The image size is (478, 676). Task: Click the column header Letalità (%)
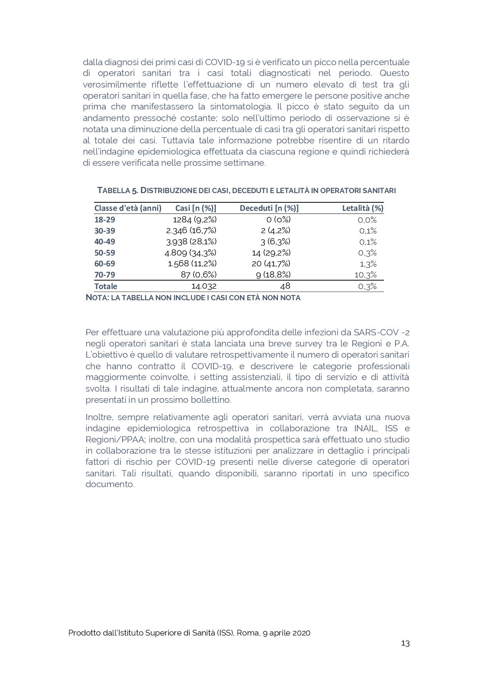[x=362, y=208]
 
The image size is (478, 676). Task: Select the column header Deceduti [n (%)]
[x=269, y=208]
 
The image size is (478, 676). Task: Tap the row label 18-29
[x=104, y=220]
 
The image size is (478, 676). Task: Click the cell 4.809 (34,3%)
[x=190, y=253]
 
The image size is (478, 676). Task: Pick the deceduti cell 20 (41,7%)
[x=271, y=264]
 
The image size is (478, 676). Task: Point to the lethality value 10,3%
[x=365, y=275]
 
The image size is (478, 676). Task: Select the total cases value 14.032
[x=204, y=286]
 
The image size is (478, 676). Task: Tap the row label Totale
[x=106, y=286]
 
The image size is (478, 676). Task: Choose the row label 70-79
[x=104, y=275]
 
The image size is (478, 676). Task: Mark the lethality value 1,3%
[x=368, y=264]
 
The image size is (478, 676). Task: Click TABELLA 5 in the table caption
[x=118, y=190]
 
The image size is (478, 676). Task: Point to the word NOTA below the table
[x=97, y=298]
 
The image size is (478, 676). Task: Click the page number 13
[x=405, y=643]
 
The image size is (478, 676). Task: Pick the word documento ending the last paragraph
[x=109, y=484]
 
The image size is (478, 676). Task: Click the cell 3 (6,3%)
[x=275, y=242]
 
